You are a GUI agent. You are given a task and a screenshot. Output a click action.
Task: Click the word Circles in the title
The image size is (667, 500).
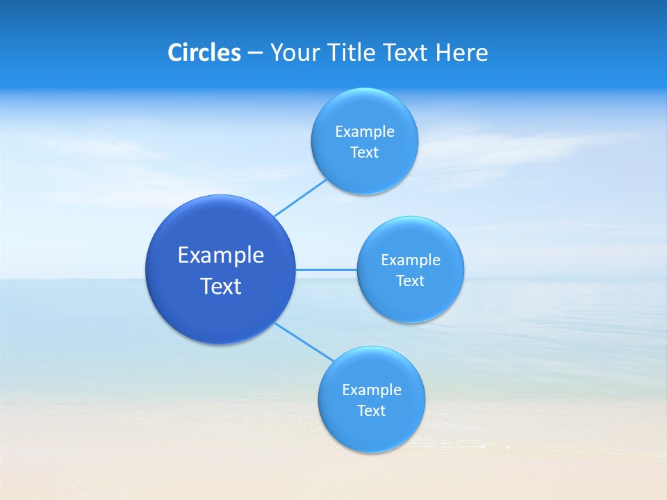(x=204, y=53)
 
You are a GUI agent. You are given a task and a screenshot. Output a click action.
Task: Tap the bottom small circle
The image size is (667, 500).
(x=371, y=434)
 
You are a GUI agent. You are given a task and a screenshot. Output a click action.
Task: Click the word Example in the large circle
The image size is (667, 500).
(x=221, y=256)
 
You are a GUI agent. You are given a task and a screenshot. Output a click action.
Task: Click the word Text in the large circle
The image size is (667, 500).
(x=221, y=286)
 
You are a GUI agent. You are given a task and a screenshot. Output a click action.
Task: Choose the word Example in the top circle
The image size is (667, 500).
(x=365, y=131)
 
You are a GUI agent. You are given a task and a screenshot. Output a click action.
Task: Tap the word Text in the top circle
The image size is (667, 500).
(x=364, y=153)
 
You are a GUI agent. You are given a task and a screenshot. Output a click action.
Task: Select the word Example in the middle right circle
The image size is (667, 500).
(x=411, y=260)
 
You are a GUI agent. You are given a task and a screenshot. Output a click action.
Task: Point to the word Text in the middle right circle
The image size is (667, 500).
(x=410, y=281)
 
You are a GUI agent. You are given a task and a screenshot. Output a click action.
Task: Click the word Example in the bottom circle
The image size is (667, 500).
(x=372, y=390)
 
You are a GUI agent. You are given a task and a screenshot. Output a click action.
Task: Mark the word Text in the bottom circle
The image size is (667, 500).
(x=371, y=410)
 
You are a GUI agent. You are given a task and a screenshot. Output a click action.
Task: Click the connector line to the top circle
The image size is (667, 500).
(x=300, y=198)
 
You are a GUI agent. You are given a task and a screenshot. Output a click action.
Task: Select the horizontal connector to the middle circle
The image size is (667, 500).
(x=327, y=269)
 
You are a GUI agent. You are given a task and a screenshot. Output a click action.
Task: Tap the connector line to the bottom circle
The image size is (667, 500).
(x=304, y=342)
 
